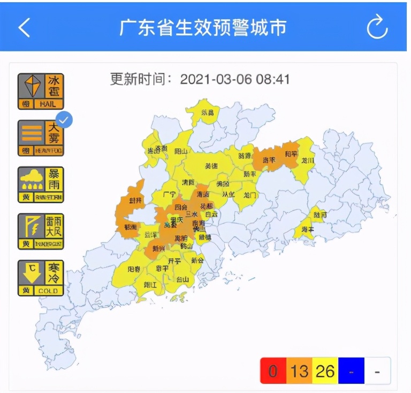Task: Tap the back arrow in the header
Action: (x=24, y=27)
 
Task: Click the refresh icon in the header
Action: (x=377, y=27)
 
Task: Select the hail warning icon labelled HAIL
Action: (x=41, y=91)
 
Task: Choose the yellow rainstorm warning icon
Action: (x=41, y=185)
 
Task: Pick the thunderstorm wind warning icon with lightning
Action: (x=41, y=231)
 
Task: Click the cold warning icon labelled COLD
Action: (x=41, y=277)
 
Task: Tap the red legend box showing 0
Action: (x=273, y=371)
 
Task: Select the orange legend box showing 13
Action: (x=299, y=371)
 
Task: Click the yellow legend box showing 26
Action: (x=325, y=371)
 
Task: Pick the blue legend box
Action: (x=351, y=371)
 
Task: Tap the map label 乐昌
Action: (x=207, y=113)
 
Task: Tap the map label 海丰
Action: (x=307, y=230)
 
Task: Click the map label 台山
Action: (x=182, y=278)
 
